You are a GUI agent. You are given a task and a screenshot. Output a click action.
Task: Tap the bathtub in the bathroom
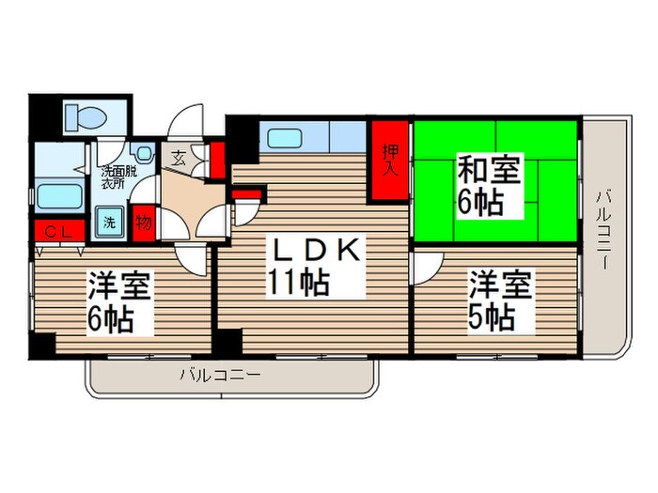[61, 198]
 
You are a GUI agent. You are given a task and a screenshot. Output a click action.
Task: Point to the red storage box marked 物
[143, 223]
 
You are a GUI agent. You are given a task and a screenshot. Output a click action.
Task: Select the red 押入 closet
[389, 161]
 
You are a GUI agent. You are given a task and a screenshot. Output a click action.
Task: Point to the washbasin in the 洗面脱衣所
[144, 153]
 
